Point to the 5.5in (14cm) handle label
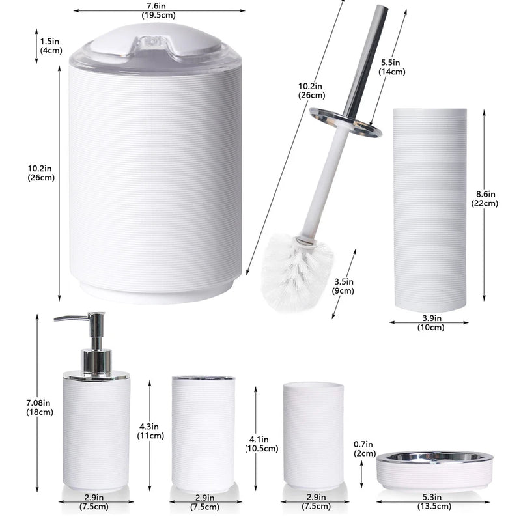coord(393,67)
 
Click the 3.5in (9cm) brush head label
coord(342,287)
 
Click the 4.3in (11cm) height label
coord(150,431)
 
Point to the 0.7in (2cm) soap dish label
coord(364,449)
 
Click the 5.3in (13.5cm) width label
coord(434,502)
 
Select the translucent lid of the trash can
coord(155,47)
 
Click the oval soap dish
coord(434,468)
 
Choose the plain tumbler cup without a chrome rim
coord(313,435)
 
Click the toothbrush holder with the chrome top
coord(203,432)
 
